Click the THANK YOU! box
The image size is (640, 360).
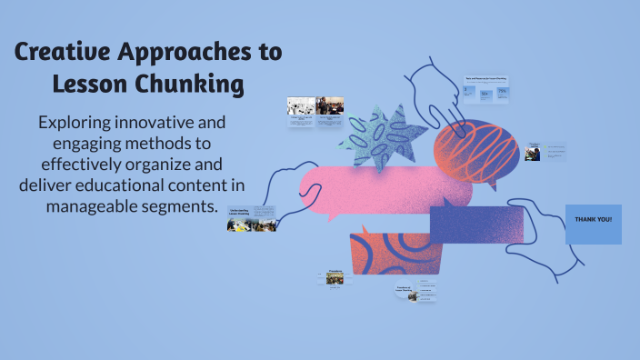click(594, 224)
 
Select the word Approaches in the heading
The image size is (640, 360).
click(185, 53)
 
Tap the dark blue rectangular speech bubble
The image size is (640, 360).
click(477, 224)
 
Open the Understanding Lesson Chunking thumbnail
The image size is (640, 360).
click(252, 219)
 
